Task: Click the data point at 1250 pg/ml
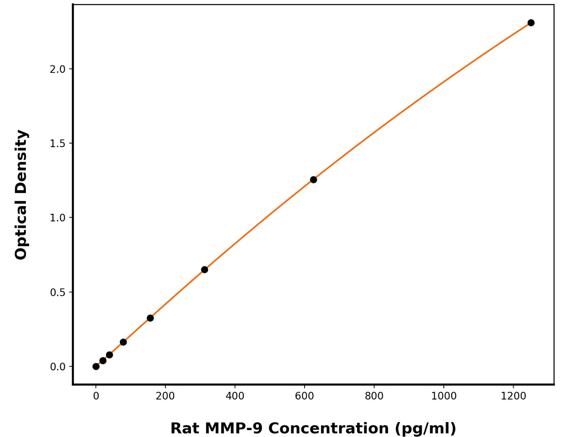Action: tap(531, 23)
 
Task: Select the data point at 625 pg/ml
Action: tap(313, 180)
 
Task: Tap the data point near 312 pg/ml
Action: tap(205, 270)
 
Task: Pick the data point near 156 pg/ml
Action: tap(150, 318)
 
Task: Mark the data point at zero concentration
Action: tap(96, 366)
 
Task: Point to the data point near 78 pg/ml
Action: tap(123, 342)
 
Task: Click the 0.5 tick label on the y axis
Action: tap(57, 292)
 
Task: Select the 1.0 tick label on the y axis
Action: tap(57, 218)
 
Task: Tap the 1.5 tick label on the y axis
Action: tap(57, 144)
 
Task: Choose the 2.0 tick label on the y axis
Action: tap(57, 69)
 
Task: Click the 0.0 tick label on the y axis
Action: tap(57, 367)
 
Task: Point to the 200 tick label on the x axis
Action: tap(165, 396)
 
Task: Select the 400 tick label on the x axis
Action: tap(235, 396)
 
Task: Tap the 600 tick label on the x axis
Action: tap(305, 396)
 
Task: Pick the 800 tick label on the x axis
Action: tap(374, 396)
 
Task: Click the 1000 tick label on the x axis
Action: tap(444, 396)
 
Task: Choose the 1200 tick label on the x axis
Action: tap(513, 396)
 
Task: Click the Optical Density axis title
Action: tap(21, 195)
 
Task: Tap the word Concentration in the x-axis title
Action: tap(328, 428)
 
